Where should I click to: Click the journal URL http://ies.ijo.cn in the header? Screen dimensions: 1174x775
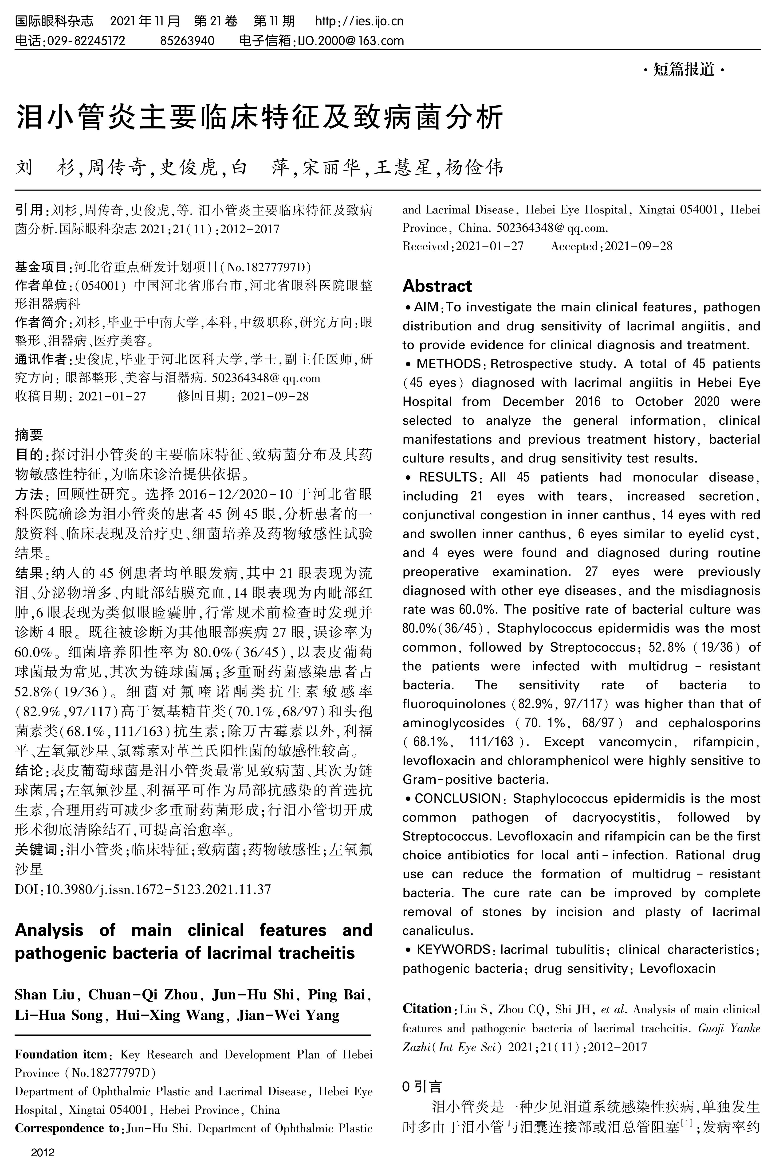[359, 21]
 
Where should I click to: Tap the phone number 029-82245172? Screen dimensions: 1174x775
[85, 40]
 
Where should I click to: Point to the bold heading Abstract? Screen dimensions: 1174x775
[437, 286]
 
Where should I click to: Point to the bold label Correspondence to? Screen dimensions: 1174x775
[67, 1128]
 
